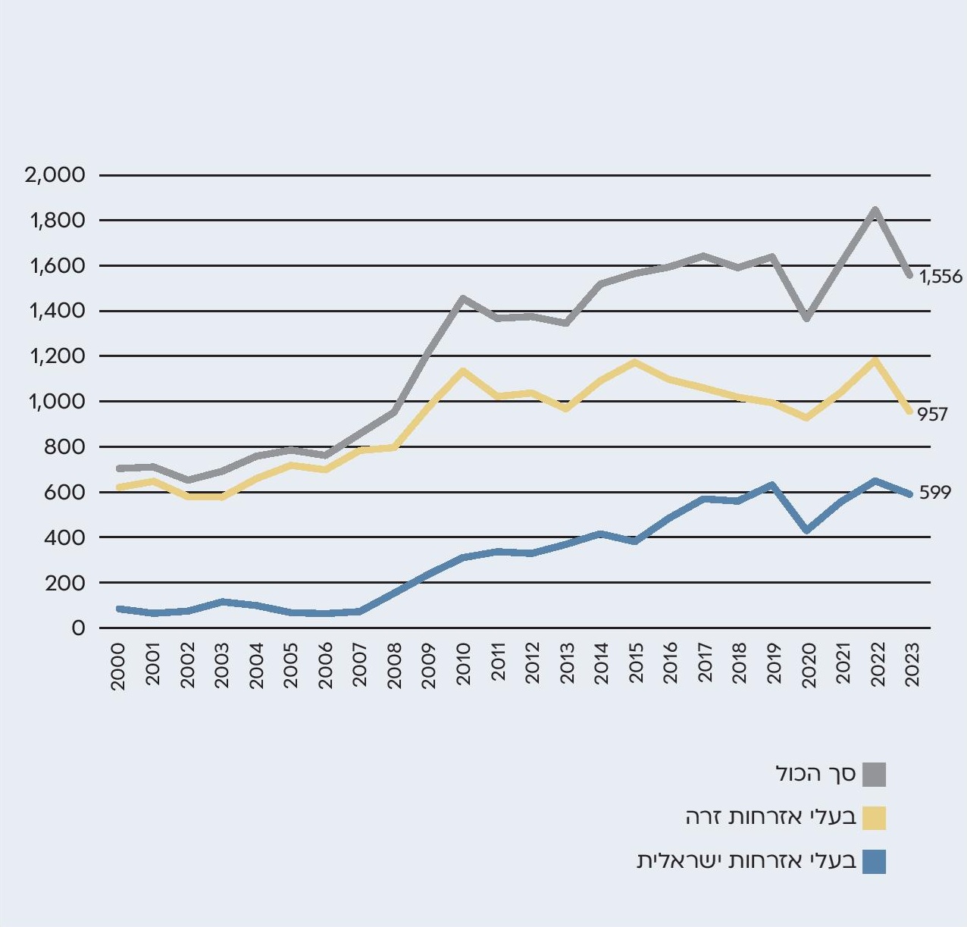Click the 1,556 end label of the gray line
[x=940, y=277]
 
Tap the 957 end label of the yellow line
[x=932, y=415]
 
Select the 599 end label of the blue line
[x=934, y=493]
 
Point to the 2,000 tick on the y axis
[x=55, y=175]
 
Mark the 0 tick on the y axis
[x=77, y=628]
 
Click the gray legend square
[x=874, y=775]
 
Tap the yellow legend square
[x=874, y=818]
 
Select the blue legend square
[x=874, y=862]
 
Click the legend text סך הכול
[x=815, y=774]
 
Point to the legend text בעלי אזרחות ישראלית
[x=746, y=861]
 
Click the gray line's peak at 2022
[x=875, y=210]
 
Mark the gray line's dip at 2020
[x=808, y=318]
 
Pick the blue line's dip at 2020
[x=808, y=530]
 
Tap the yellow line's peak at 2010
[x=462, y=371]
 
